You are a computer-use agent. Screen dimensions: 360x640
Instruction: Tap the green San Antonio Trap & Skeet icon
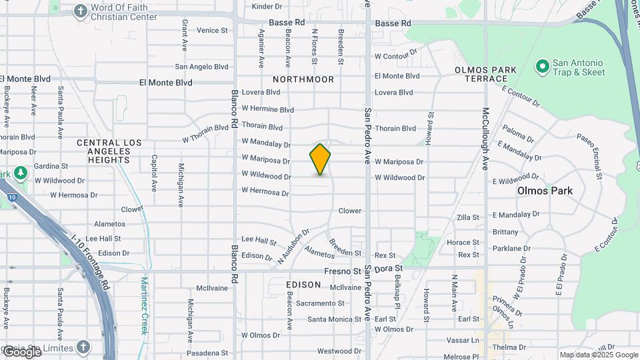coord(542,67)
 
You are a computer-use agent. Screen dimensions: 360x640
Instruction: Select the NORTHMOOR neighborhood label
coord(303,79)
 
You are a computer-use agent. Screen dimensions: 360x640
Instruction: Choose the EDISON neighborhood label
coord(303,285)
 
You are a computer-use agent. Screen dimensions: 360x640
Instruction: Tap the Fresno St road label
coord(343,271)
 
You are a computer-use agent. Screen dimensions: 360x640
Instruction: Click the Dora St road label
coord(389,269)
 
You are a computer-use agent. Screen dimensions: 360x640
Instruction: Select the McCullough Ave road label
coord(485,138)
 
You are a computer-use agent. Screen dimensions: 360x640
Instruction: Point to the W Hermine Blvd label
coord(267,109)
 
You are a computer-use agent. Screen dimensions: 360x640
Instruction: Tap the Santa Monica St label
coord(334,319)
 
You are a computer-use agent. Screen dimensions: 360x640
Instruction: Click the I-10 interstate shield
coord(13,197)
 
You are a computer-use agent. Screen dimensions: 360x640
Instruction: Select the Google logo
coord(23,351)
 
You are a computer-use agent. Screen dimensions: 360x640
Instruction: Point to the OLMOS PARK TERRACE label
coord(485,74)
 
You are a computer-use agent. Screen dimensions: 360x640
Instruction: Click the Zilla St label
coord(468,218)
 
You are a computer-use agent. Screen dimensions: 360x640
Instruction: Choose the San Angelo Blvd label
coord(201,67)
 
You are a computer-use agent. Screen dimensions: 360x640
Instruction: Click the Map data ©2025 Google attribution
coord(598,355)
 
